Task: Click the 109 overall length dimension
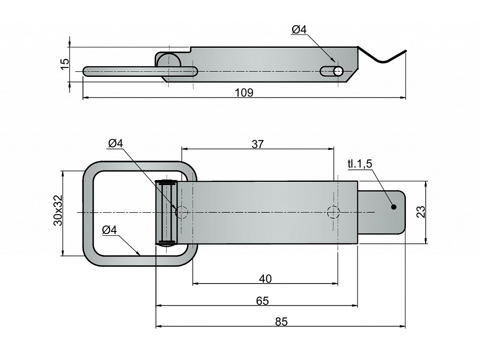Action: [x=244, y=92]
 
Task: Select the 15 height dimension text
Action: [x=65, y=64]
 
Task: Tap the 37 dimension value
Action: [x=257, y=144]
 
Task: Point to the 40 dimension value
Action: [x=265, y=279]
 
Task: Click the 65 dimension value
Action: [x=262, y=301]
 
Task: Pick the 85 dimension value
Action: [x=281, y=322]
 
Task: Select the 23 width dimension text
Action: [x=421, y=212]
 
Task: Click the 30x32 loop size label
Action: [x=57, y=210]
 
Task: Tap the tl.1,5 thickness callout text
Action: [x=360, y=164]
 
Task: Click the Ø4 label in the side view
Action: [x=299, y=30]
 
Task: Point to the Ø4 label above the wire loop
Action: [x=115, y=144]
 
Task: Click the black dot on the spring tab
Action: [x=393, y=207]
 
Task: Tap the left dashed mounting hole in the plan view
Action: [x=181, y=212]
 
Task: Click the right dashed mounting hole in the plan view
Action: [x=333, y=212]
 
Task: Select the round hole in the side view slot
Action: [x=338, y=71]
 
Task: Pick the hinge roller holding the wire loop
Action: [x=166, y=212]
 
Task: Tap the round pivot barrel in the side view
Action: [x=167, y=61]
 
